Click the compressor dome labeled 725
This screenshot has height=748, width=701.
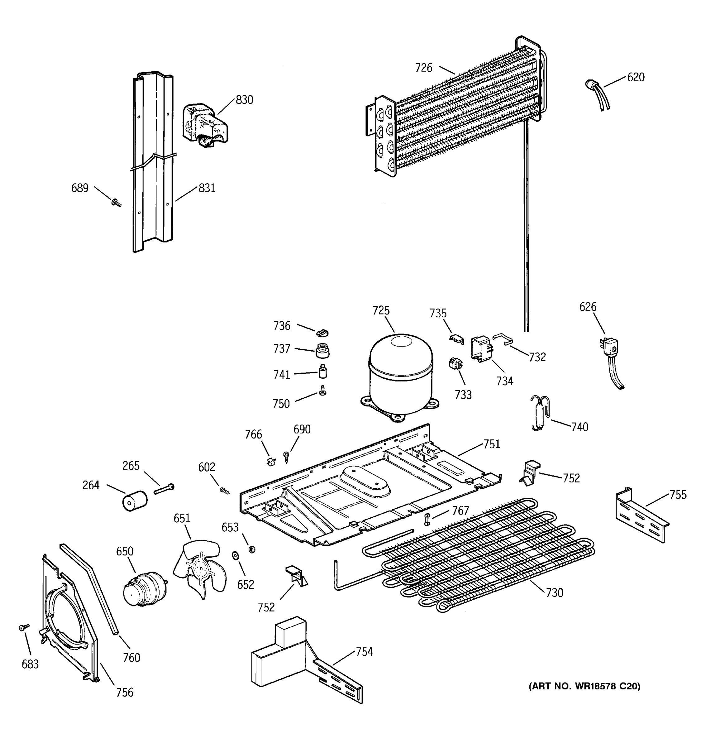tap(401, 372)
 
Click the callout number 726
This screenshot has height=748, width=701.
tap(423, 68)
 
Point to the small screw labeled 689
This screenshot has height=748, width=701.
tap(116, 203)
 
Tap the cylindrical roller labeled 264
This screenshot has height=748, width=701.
tap(135, 501)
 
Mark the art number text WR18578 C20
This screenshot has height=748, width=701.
tap(584, 686)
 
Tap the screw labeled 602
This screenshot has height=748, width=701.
tap(224, 491)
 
